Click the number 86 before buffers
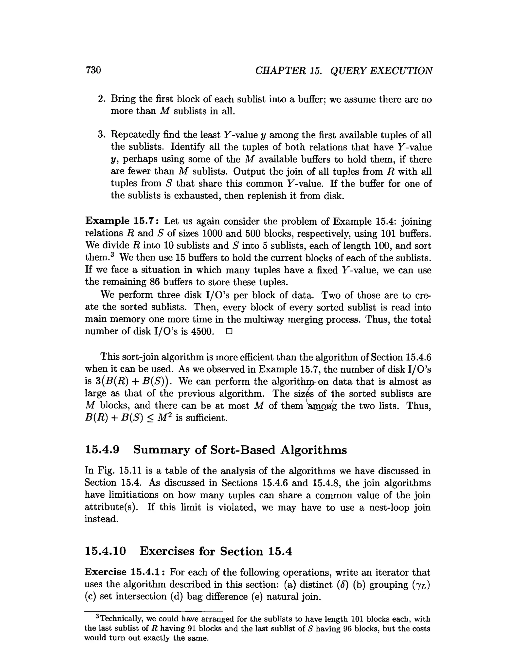click(x=155, y=282)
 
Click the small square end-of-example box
click(x=229, y=332)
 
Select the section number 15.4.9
click(x=102, y=450)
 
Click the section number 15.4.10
click(x=105, y=551)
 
